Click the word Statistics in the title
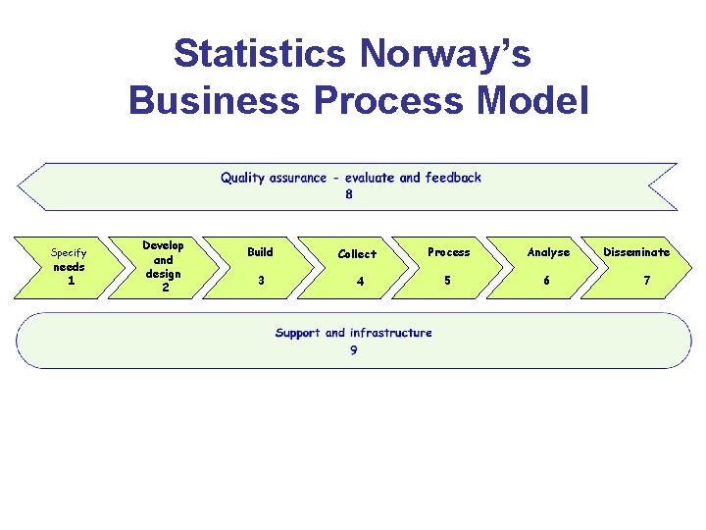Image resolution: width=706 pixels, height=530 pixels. tap(259, 54)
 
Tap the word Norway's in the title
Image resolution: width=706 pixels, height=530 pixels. tap(445, 54)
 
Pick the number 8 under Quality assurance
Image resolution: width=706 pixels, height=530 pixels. tap(349, 194)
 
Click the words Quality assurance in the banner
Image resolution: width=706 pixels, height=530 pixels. tap(274, 178)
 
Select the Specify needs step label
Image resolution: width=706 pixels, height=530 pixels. tap(69, 259)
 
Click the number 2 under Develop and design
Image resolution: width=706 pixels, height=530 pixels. tap(165, 288)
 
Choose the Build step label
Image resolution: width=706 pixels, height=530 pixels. tap(260, 252)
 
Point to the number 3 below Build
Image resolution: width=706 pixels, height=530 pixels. tap(260, 280)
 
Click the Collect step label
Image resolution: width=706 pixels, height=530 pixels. tap(357, 254)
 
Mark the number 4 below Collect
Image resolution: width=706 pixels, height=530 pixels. tap(361, 282)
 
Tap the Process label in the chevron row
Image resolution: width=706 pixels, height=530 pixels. tap(449, 252)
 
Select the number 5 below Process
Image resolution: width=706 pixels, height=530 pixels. tap(448, 280)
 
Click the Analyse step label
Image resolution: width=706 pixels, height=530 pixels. tap(548, 252)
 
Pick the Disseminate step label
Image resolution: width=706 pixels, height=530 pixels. tap(636, 252)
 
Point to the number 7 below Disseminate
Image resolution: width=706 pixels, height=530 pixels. tap(646, 280)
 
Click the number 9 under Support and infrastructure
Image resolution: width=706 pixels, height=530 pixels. tap(353, 350)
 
